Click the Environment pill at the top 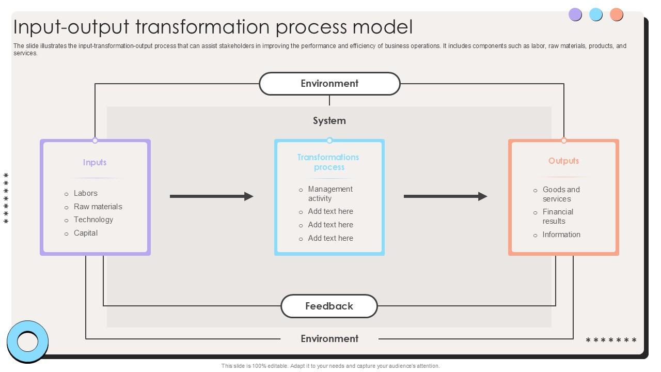(x=329, y=84)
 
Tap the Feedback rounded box (x=329, y=306)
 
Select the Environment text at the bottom (x=329, y=339)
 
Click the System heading (x=329, y=121)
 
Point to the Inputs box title (x=95, y=162)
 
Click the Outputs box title (x=563, y=161)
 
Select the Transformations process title (x=328, y=162)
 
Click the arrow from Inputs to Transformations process (x=211, y=196)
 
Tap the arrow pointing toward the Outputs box (x=445, y=196)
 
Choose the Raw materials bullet (x=98, y=207)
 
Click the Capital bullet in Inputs (x=86, y=233)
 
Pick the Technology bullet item (x=93, y=220)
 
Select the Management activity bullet (x=330, y=194)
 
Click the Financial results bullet (x=557, y=216)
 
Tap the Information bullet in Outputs (x=561, y=235)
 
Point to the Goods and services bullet (x=561, y=194)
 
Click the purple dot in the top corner (x=575, y=14)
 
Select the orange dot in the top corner (x=616, y=14)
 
